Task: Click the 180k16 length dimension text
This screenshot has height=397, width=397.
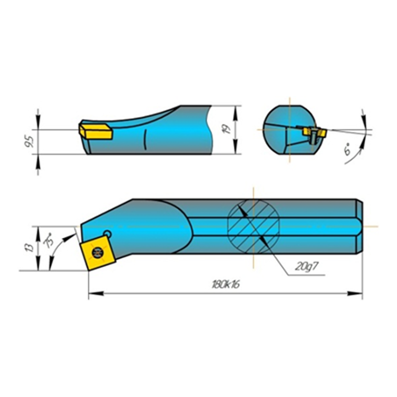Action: click(x=226, y=285)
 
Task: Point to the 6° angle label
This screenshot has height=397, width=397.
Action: click(x=348, y=150)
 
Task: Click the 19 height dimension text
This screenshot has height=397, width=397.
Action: click(x=228, y=129)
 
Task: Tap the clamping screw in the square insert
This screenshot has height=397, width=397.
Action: click(x=97, y=252)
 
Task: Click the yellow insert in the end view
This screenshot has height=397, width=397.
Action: click(x=314, y=132)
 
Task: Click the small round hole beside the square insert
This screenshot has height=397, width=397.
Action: click(x=108, y=233)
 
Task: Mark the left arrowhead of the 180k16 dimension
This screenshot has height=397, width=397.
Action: click(x=94, y=294)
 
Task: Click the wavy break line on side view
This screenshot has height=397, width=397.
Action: click(x=209, y=130)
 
